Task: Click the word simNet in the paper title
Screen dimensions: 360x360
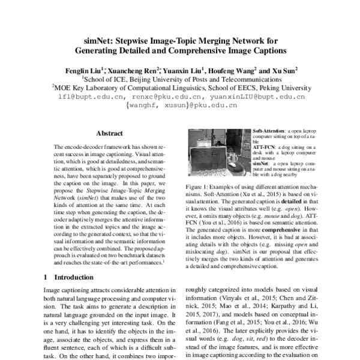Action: click(x=97, y=40)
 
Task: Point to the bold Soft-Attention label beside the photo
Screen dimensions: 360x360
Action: click(x=268, y=130)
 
